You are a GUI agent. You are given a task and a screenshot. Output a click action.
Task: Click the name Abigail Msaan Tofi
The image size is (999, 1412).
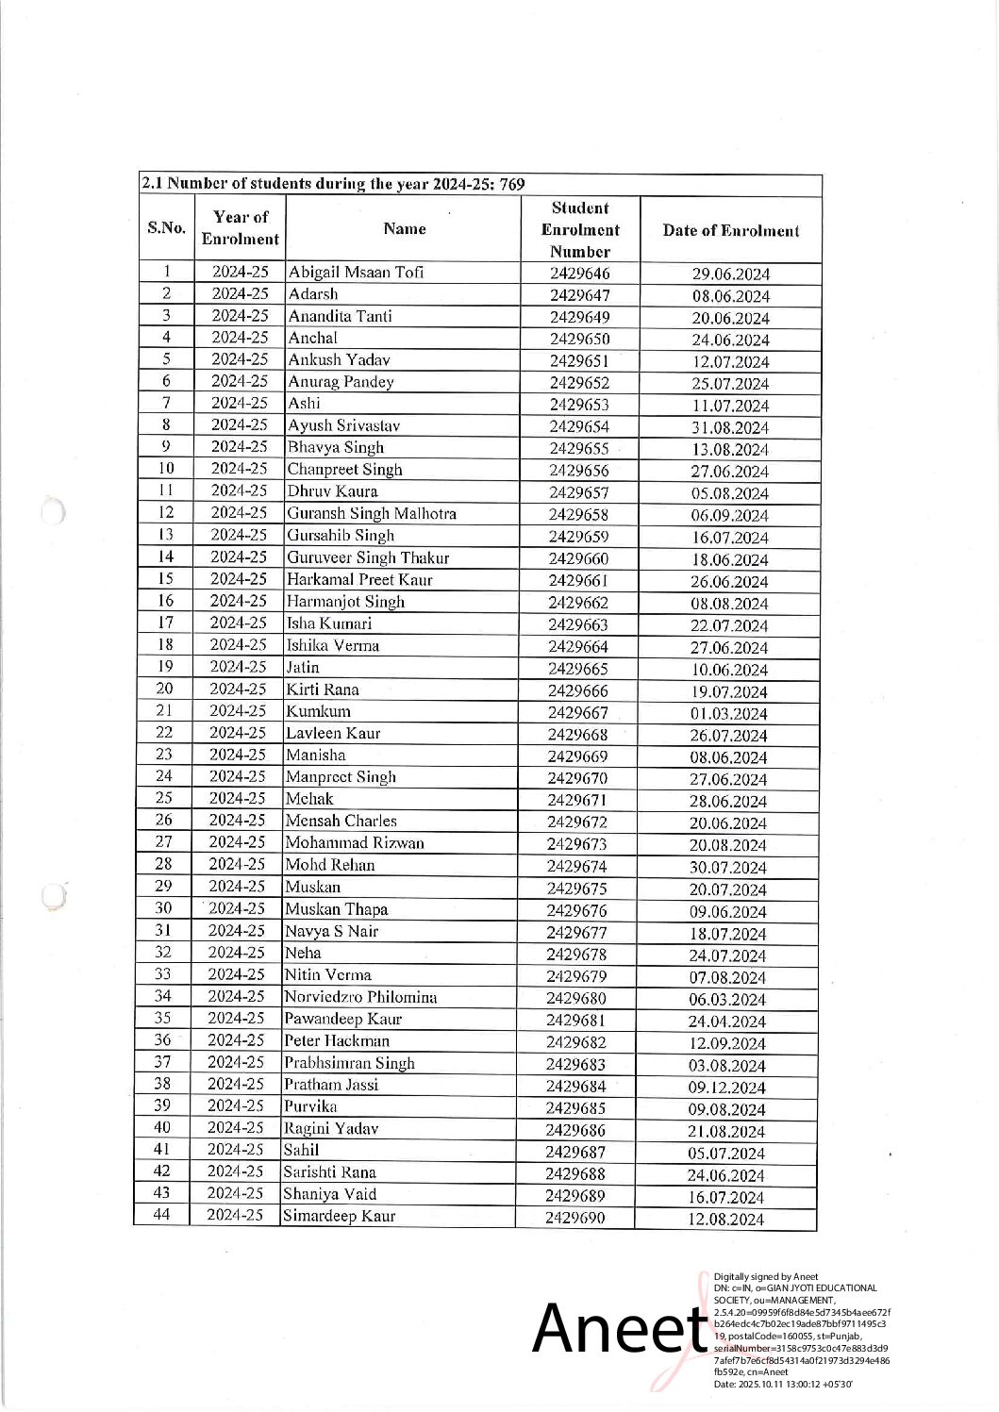(x=356, y=273)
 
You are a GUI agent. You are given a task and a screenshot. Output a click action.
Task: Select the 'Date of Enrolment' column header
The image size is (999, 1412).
(x=730, y=230)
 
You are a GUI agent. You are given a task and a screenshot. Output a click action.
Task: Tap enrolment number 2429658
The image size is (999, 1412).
(x=579, y=514)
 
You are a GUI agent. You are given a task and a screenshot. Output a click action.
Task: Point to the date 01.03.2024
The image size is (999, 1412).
(x=729, y=714)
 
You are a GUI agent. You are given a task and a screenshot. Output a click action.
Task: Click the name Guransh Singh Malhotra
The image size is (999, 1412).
(x=372, y=513)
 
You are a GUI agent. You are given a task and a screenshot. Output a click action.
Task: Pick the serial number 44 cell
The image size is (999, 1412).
(x=161, y=1215)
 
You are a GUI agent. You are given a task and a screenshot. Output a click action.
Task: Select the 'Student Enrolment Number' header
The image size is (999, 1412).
(x=579, y=229)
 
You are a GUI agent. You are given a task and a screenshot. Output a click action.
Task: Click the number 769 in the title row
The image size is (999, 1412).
(x=510, y=184)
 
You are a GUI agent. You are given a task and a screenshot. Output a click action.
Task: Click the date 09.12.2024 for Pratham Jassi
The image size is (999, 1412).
(x=726, y=1088)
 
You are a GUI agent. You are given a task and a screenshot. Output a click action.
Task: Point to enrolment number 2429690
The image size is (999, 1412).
(x=574, y=1218)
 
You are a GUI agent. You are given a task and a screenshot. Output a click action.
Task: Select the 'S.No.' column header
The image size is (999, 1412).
(x=167, y=228)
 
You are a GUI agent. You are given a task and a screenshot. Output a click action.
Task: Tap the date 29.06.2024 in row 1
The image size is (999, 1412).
(x=730, y=274)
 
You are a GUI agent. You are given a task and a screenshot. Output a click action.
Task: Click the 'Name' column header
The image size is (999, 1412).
(x=405, y=228)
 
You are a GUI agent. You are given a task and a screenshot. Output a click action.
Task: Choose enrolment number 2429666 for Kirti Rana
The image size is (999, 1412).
(x=578, y=691)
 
